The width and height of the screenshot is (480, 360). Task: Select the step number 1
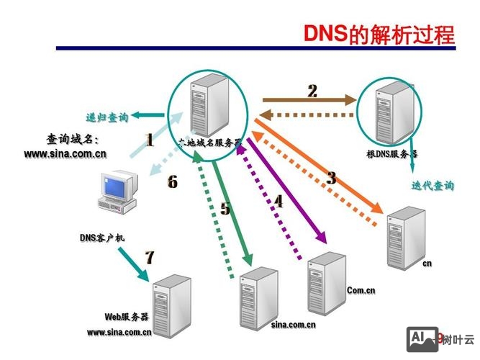pos(149,140)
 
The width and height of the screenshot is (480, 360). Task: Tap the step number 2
pos(312,91)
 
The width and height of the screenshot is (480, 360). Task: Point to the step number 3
pos(331,178)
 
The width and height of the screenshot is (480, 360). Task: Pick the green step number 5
pos(225,209)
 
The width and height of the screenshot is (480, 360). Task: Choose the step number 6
pos(172,181)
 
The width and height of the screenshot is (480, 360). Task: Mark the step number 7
pos(149,257)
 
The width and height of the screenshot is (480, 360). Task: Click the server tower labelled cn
pos(402,237)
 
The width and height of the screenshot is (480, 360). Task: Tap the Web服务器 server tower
pos(172,303)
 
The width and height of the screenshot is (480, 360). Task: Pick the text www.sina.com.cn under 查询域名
pos(65,153)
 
